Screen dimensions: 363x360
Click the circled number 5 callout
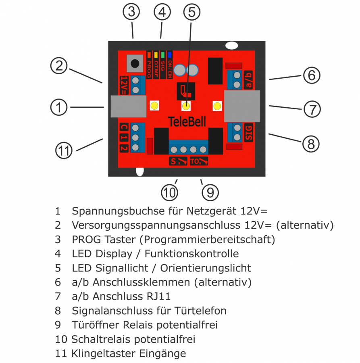click(x=191, y=13)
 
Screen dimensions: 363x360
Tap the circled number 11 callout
click(x=64, y=151)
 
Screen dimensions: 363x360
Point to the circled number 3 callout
click(x=131, y=13)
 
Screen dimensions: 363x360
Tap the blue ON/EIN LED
click(x=170, y=54)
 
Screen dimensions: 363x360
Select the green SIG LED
click(x=163, y=54)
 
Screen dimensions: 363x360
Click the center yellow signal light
click(x=186, y=106)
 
